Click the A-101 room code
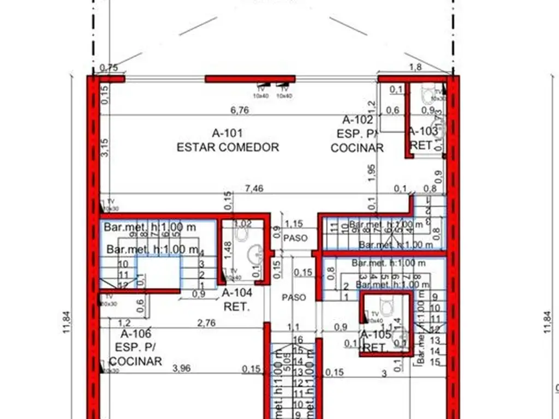(227, 133)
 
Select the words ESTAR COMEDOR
(228, 147)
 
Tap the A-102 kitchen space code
(358, 120)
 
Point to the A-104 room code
(237, 293)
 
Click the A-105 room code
(376, 334)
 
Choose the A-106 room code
(135, 334)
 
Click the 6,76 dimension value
(240, 110)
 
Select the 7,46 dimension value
(254, 189)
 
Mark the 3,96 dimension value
(181, 368)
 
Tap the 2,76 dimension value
(206, 322)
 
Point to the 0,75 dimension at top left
(109, 68)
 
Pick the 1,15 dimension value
(294, 224)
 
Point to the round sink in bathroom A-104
(254, 254)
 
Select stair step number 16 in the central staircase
(298, 339)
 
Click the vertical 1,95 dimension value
(372, 171)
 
